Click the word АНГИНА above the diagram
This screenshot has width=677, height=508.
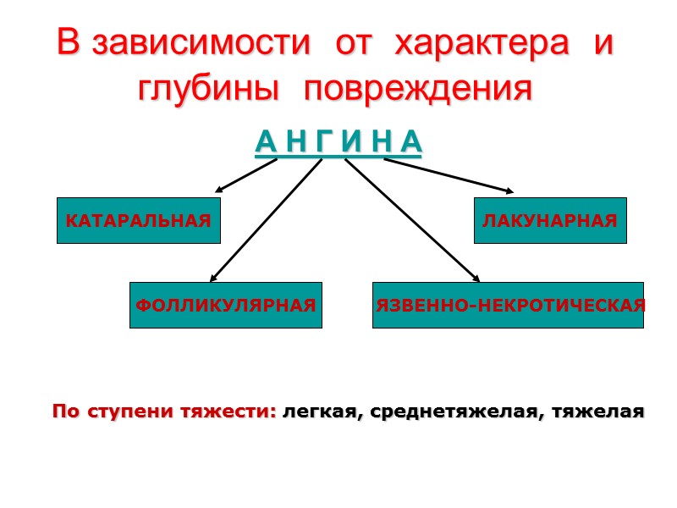338,143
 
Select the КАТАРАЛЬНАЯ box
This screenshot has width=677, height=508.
138,221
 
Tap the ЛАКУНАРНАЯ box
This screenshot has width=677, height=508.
550,221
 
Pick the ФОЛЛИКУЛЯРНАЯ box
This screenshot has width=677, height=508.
226,305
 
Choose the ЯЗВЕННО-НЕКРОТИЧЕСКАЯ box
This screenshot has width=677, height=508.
509,305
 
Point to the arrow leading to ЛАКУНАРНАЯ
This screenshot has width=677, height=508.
449,175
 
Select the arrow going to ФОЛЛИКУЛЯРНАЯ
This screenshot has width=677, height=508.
266,220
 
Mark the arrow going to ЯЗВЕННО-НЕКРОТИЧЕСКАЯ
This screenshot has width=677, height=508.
412,220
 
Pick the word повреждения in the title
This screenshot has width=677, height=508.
418,89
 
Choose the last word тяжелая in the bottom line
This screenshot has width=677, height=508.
597,412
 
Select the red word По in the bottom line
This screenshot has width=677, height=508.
63,412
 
